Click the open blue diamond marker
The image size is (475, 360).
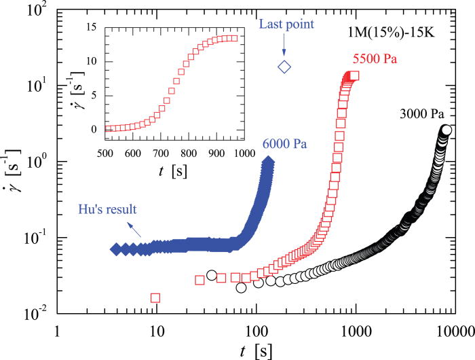pyautogui.click(x=284, y=66)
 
